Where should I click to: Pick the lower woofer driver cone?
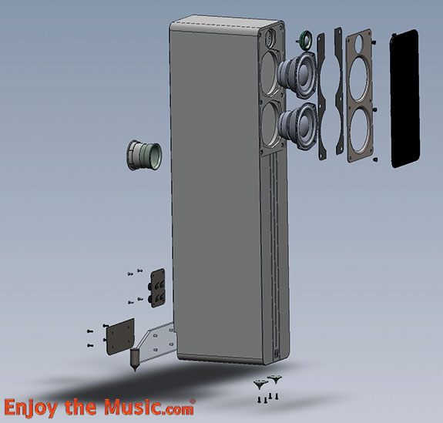click(x=296, y=123)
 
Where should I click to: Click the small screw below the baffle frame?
click(x=375, y=161)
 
